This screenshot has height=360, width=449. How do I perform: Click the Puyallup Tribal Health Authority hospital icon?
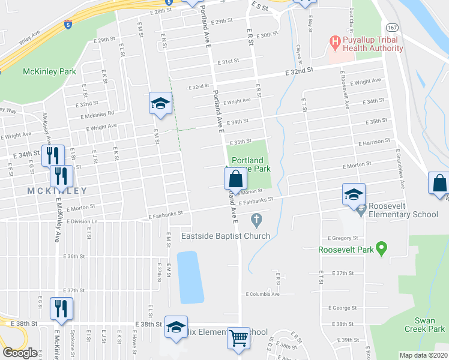(335, 43)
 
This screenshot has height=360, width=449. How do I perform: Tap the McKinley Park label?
(49, 71)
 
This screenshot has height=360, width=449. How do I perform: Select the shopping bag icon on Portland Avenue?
(235, 178)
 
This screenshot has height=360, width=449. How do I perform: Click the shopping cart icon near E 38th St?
(238, 338)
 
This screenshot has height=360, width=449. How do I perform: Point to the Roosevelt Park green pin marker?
(381, 249)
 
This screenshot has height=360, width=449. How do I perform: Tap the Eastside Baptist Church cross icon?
(257, 221)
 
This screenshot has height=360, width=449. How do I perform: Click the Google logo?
(20, 353)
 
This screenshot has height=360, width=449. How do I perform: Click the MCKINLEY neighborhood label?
(56, 191)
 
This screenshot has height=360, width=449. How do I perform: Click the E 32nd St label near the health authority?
(298, 70)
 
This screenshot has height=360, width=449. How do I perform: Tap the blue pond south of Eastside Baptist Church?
(190, 277)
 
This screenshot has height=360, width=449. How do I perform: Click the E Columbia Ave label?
(263, 294)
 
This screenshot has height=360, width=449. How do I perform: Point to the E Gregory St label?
(343, 238)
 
